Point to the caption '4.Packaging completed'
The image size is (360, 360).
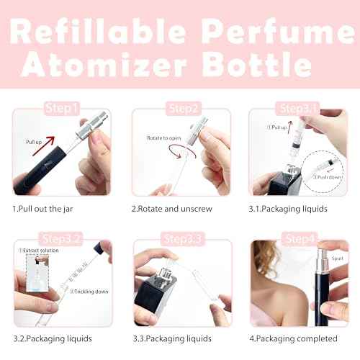pos(294,338)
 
